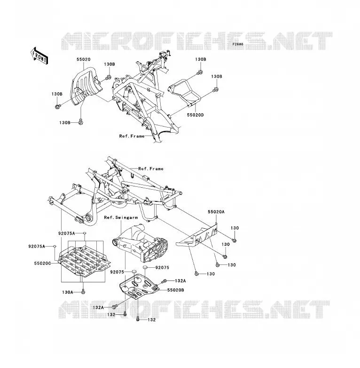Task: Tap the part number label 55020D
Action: click(195, 115)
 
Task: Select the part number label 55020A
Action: click(216, 212)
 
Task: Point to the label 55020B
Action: click(176, 290)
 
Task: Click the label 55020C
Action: click(42, 264)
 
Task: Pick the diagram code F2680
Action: click(238, 44)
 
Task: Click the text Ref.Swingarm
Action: click(121, 217)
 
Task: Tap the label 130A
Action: click(68, 292)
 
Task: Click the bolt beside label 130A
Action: click(83, 292)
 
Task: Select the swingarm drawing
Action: click(141, 243)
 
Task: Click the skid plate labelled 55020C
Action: click(85, 260)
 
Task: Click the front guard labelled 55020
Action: click(86, 86)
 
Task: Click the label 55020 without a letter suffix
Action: click(84, 59)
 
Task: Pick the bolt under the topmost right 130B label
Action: click(200, 72)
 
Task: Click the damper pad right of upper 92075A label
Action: click(85, 233)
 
